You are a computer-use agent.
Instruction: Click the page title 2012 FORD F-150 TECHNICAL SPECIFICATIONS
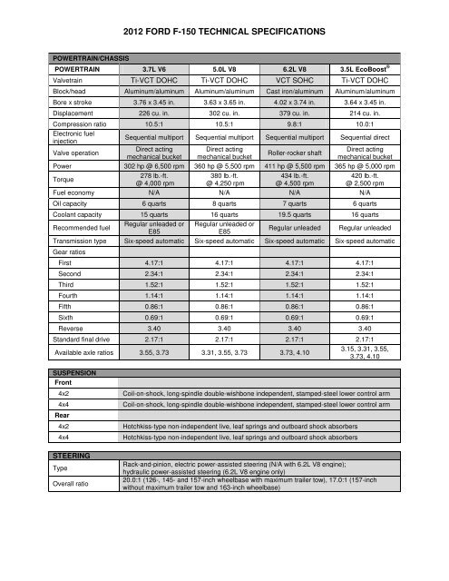coord(224,32)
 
